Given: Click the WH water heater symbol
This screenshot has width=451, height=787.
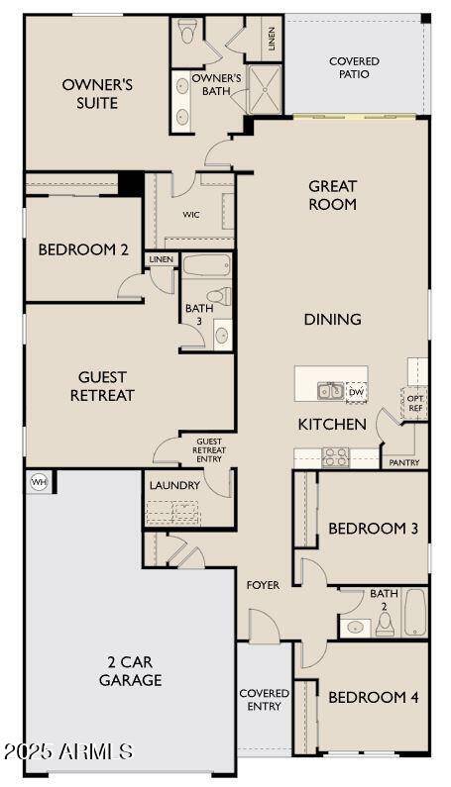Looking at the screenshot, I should click(x=40, y=482).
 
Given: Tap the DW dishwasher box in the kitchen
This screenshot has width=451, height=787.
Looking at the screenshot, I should click(x=355, y=392).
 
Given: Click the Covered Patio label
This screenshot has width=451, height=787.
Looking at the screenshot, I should click(x=354, y=67).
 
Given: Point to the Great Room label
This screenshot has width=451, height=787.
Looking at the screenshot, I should click(x=332, y=195).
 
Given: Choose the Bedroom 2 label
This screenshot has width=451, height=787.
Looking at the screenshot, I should click(x=83, y=250).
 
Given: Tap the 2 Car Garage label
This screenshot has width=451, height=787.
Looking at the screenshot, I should click(x=130, y=670).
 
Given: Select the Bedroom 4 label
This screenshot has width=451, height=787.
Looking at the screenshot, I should click(x=373, y=697).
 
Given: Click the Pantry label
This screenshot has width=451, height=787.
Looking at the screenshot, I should click(x=404, y=462).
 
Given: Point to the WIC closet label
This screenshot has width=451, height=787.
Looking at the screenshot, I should click(x=191, y=214).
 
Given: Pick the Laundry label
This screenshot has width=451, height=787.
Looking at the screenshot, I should click(x=174, y=485).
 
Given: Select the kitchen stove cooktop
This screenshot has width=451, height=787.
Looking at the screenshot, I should click(x=335, y=456).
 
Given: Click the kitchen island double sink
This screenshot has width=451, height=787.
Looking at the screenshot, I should click(x=330, y=392).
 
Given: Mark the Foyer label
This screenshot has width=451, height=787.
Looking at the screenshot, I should click(x=263, y=585).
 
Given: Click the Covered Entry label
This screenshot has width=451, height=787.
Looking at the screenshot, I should click(x=264, y=700).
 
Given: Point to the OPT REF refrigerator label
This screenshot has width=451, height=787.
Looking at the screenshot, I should click(x=415, y=404).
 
